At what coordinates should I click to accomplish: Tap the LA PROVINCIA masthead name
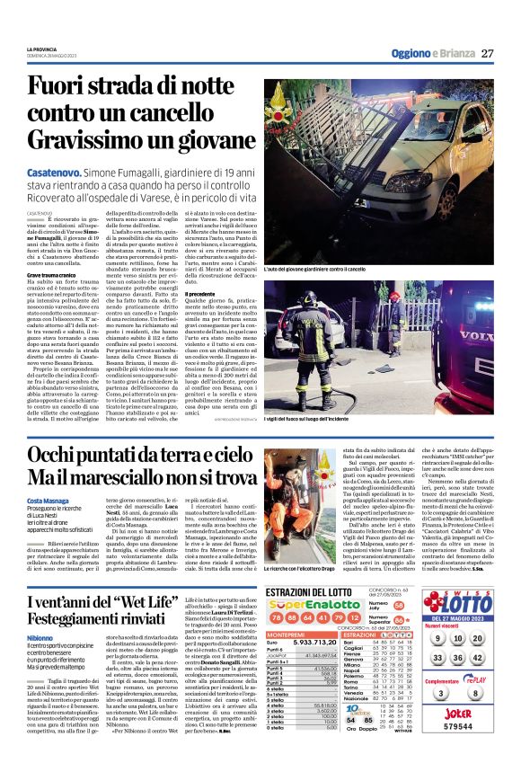pos(44,49)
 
